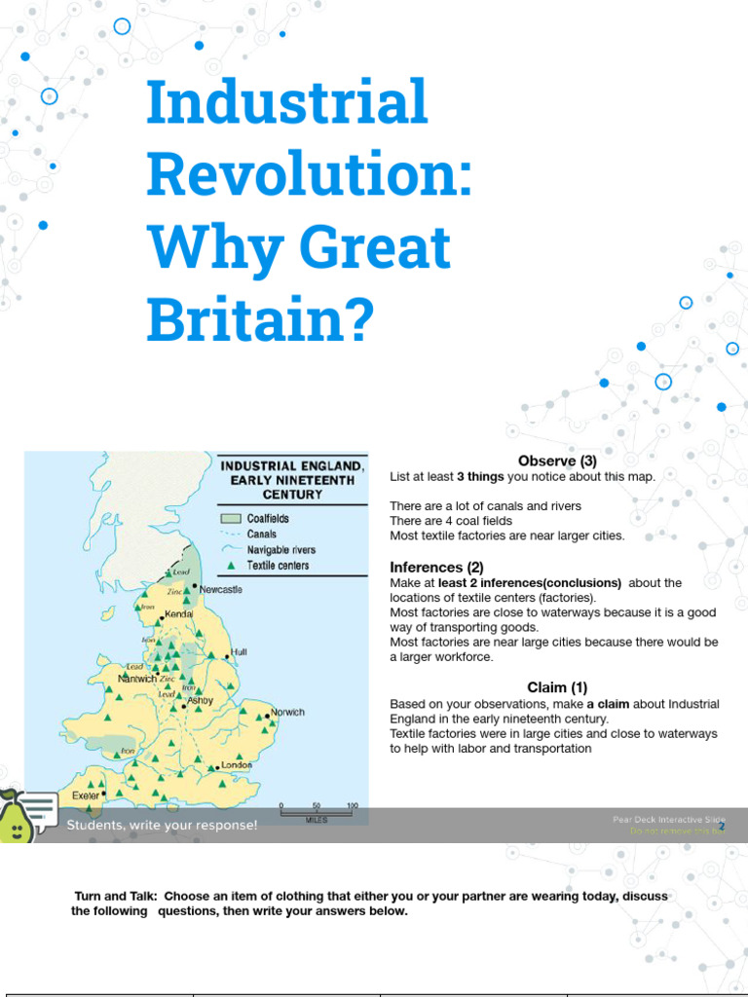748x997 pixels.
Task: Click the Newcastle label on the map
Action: pos(221,589)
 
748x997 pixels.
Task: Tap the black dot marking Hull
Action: pos(226,653)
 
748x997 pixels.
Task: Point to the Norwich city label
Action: pos(287,712)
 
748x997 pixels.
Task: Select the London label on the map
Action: pos(237,765)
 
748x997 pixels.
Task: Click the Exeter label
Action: pos(86,795)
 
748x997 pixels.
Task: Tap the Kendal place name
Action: pos(178,614)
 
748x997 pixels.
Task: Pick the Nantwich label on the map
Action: pos(137,679)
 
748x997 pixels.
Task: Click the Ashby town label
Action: pos(200,700)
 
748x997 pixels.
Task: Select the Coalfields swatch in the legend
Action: pos(230,519)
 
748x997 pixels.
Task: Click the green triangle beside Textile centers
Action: pos(230,566)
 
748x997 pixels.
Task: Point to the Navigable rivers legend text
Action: pos(281,550)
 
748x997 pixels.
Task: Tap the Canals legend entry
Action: pos(262,535)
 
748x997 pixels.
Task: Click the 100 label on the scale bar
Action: pos(352,806)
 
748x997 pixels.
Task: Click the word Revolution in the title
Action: pos(309,175)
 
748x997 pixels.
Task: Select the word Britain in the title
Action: pos(260,320)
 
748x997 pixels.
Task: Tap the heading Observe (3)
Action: pos(557,461)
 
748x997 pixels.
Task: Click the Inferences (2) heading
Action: pos(426,567)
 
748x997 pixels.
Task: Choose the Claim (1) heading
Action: pos(557,687)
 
